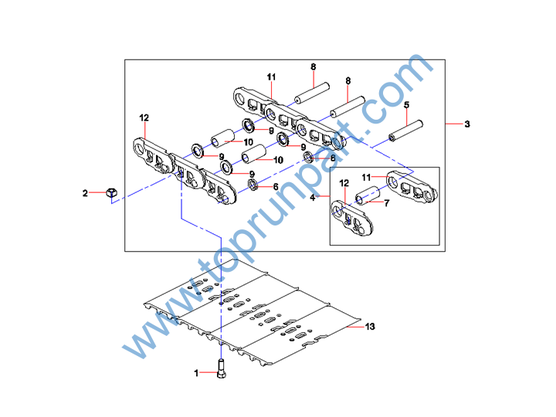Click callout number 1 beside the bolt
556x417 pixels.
pos(196,373)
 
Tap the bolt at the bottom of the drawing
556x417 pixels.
pos(222,371)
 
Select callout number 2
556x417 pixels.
pos(86,193)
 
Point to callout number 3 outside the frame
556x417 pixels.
pos(466,124)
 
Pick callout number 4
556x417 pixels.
pos(313,198)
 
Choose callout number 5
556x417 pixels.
pos(406,104)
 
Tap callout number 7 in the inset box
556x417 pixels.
pos(386,204)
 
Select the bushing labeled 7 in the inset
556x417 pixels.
pos(368,194)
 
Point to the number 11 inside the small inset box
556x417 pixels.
pos(368,177)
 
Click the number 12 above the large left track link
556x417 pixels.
pos(144,117)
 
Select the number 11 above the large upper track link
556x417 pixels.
pos(271,76)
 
